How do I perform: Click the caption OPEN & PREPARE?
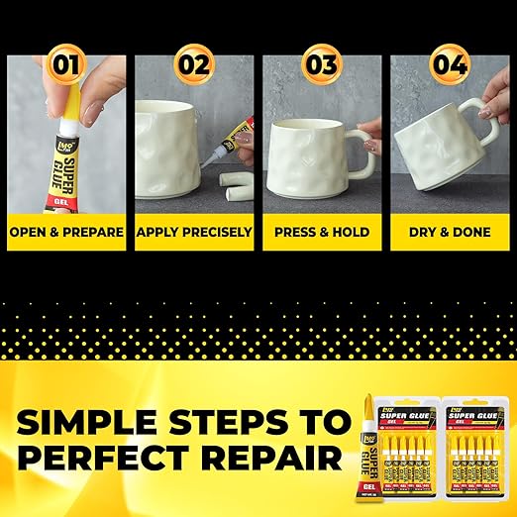pos(66,233)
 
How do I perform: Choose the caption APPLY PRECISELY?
pos(194,233)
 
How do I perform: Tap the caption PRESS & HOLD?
pos(321,233)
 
